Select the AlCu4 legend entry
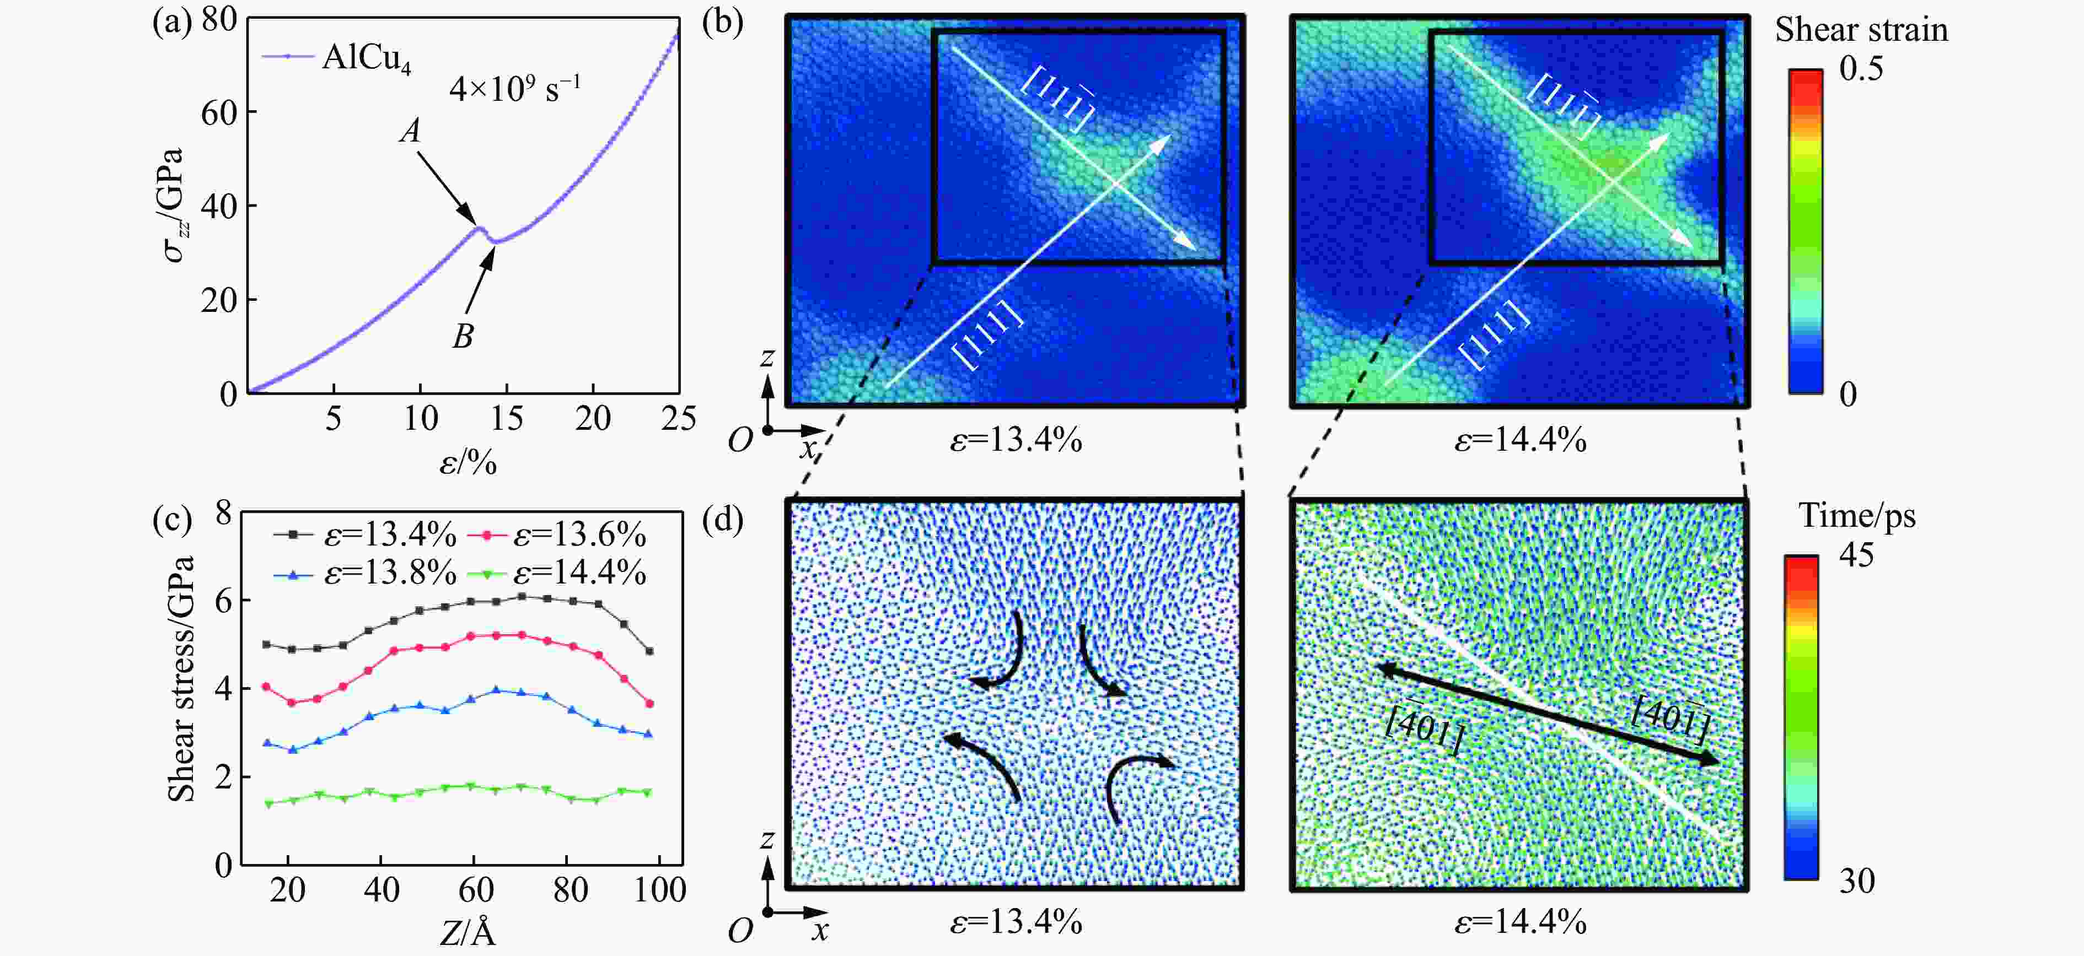[366, 57]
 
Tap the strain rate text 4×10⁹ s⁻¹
[514, 88]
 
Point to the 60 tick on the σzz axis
[218, 112]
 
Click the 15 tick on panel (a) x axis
[507, 419]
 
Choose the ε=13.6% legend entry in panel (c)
[579, 536]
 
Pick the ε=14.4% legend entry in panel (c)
[579, 574]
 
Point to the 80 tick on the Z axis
[570, 890]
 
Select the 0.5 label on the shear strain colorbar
[1861, 69]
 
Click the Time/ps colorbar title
[1857, 516]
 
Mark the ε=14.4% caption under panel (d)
[1520, 922]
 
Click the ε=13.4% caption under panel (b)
[1016, 441]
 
